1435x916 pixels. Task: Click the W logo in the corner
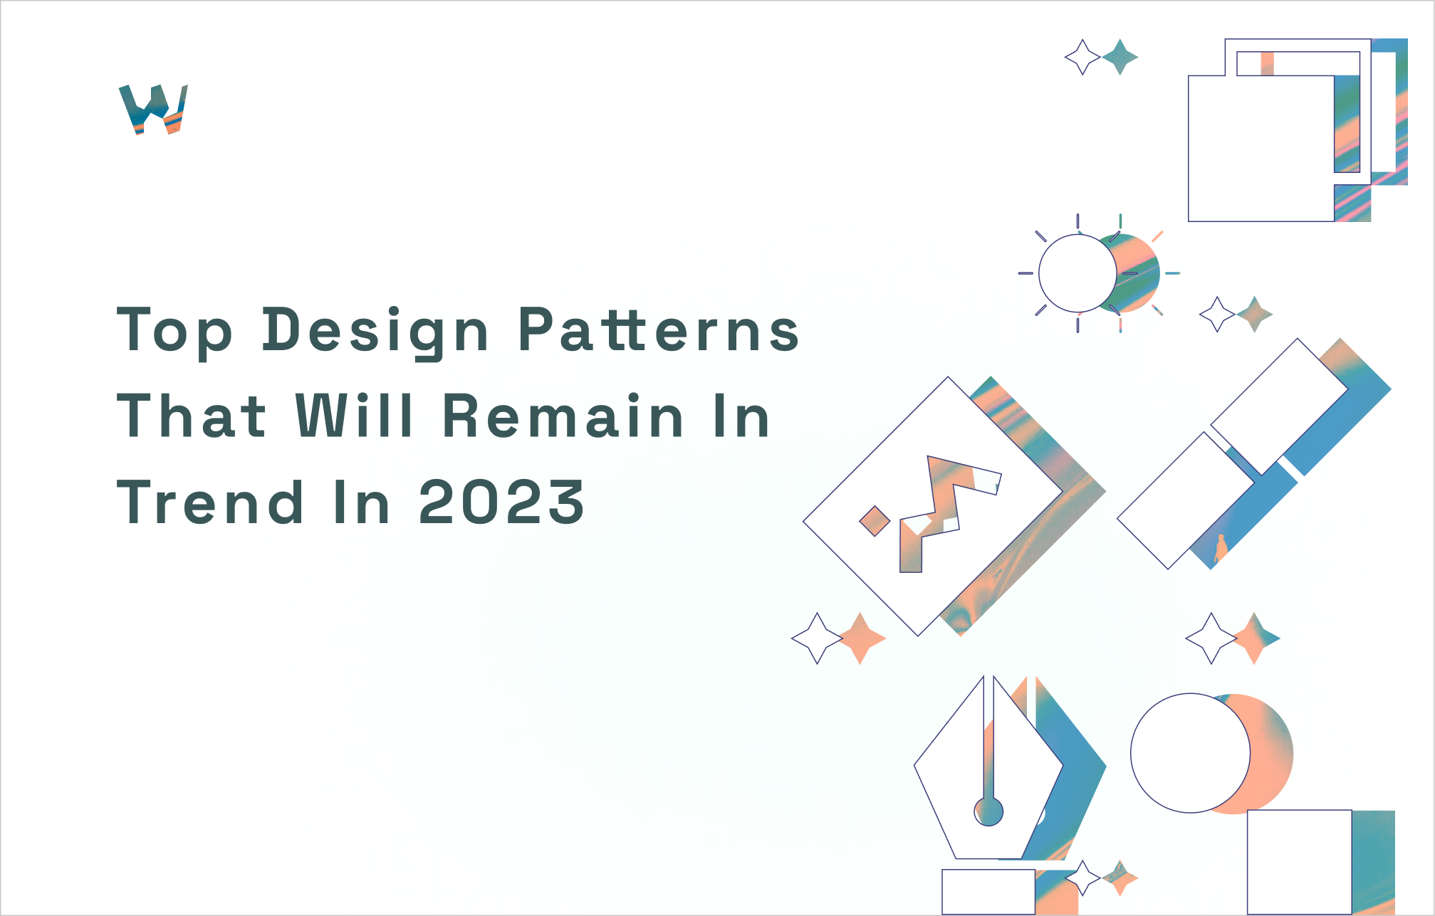click(153, 109)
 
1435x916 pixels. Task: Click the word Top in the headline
click(174, 331)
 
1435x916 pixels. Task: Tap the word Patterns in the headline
click(658, 331)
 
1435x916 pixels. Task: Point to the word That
click(192, 416)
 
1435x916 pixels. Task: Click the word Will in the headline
click(354, 416)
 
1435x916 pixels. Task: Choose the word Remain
click(563, 416)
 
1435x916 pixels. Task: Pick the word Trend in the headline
click(210, 502)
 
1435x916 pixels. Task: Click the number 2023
click(501, 502)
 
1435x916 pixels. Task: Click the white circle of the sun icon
click(1076, 273)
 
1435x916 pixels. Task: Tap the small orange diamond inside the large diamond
click(875, 521)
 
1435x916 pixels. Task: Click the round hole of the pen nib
click(988, 811)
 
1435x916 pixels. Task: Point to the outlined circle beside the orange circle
click(1189, 753)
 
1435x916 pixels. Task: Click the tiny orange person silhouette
click(1221, 548)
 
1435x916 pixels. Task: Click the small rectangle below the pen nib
click(988, 891)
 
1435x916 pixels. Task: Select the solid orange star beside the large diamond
click(861, 638)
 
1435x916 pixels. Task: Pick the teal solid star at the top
click(1120, 57)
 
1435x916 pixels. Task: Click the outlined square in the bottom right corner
click(1299, 861)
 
